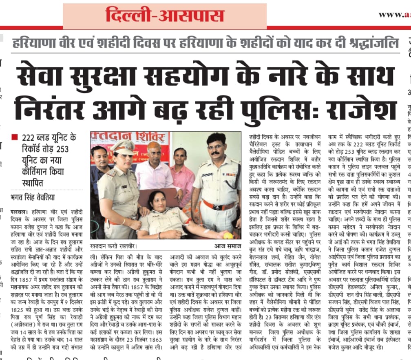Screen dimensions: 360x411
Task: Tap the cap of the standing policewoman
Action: tap(123, 146)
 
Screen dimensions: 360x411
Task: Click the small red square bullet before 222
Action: tap(15, 137)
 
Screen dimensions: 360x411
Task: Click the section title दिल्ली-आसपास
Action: tap(165, 16)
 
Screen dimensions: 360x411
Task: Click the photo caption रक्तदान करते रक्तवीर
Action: tap(114, 246)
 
